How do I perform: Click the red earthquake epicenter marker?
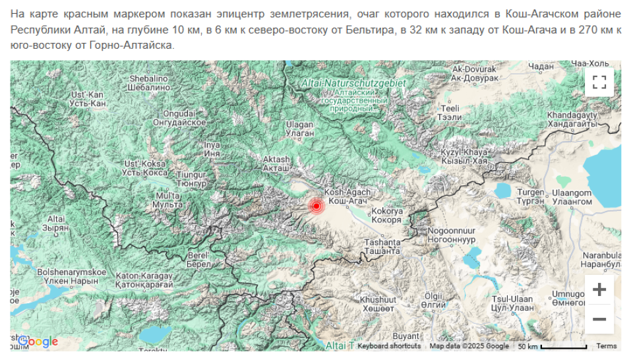[x=316, y=206]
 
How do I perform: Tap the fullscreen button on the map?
[x=599, y=82]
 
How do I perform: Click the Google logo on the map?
[x=38, y=341]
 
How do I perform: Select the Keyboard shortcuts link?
[x=389, y=345]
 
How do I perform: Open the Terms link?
[x=606, y=345]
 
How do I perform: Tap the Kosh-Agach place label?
[x=347, y=196]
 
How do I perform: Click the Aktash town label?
[x=276, y=164]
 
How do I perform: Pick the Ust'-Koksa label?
[x=144, y=167]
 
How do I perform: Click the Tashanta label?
[x=382, y=247]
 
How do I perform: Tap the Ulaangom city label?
[x=571, y=196]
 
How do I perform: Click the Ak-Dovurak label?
[x=473, y=73]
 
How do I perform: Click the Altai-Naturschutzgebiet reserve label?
[x=344, y=83]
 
